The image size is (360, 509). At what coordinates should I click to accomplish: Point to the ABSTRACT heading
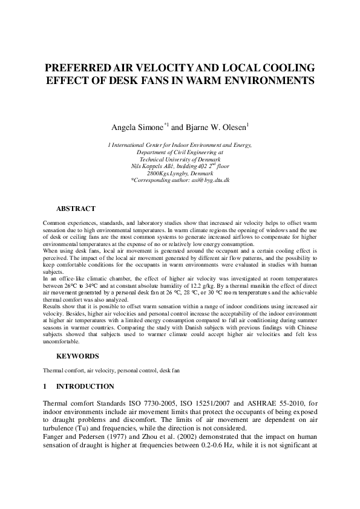[76, 209]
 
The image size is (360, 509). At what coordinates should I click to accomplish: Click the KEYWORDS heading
[77, 356]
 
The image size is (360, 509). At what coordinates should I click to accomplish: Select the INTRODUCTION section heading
[85, 386]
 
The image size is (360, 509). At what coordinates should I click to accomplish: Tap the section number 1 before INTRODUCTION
[45, 386]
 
